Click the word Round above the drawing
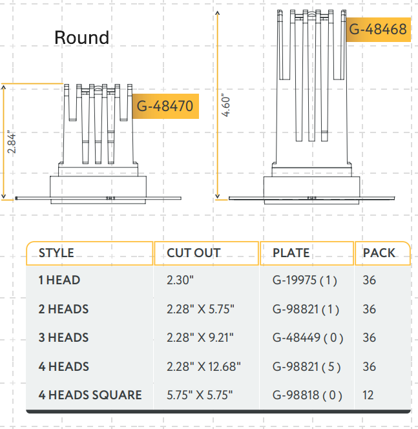(x=81, y=37)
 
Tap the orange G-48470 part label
(x=165, y=106)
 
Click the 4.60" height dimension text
(x=225, y=104)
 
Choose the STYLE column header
(x=56, y=253)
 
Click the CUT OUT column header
(x=193, y=253)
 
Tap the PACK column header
(x=379, y=253)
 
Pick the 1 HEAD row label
(x=59, y=281)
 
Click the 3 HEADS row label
(x=63, y=338)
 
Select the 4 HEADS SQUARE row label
(x=90, y=395)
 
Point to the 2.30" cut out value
(x=181, y=281)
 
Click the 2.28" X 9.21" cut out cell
(x=200, y=338)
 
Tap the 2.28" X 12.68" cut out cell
(x=204, y=366)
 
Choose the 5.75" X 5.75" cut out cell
(x=200, y=395)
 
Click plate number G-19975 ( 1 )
(x=306, y=281)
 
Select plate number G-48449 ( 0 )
(x=308, y=338)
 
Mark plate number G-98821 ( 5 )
(x=307, y=366)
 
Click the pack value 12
(x=369, y=395)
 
